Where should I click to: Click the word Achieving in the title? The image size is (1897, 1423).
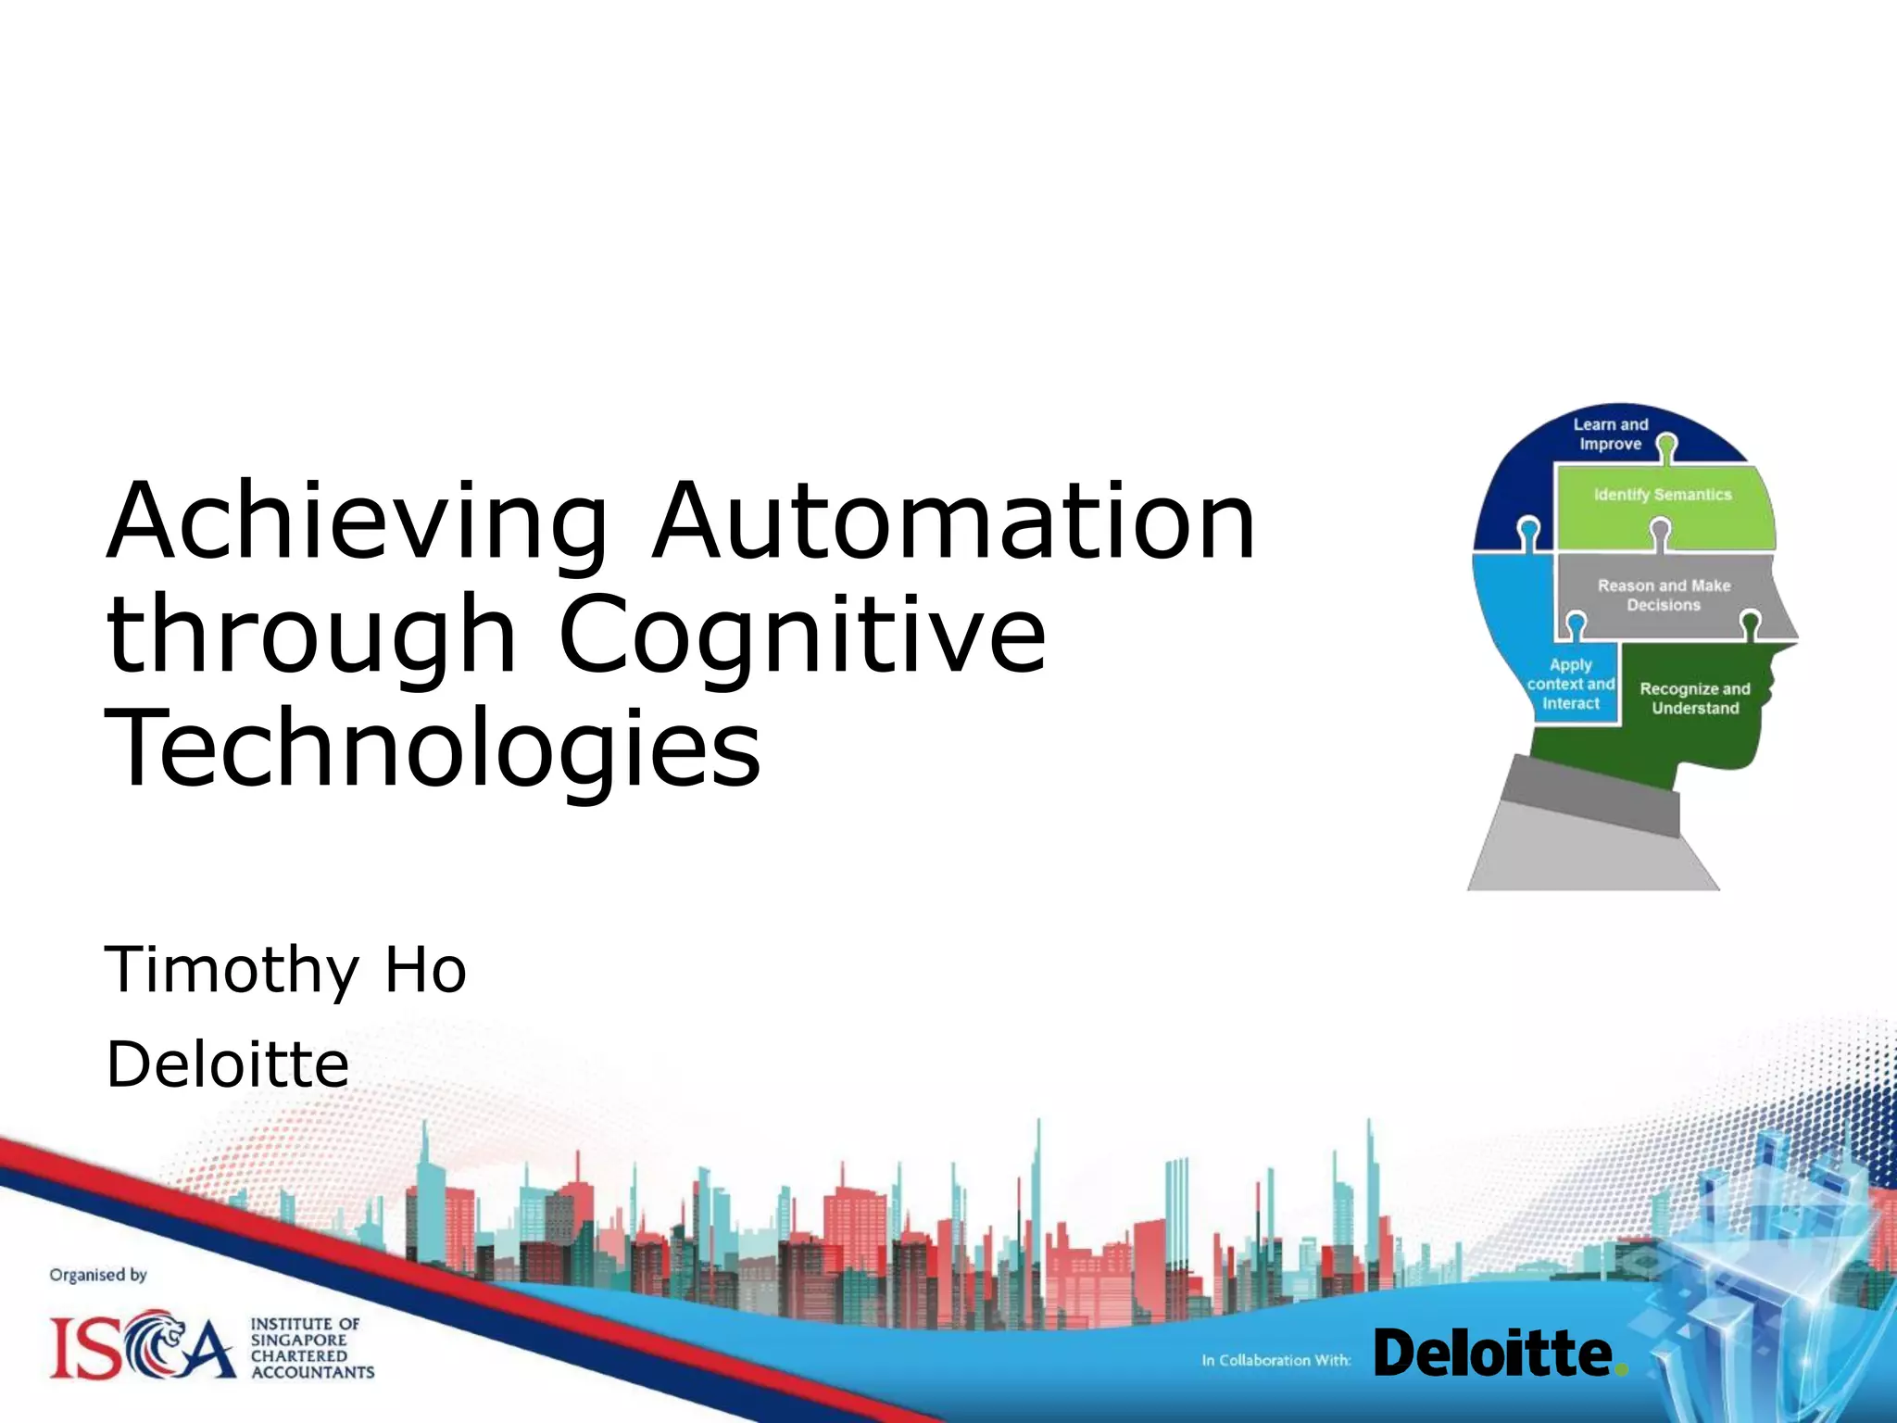(x=358, y=523)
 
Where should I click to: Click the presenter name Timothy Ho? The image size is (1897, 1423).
(x=285, y=969)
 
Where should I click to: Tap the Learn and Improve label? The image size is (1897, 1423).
(x=1611, y=434)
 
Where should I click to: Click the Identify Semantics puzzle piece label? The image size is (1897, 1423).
(x=1663, y=495)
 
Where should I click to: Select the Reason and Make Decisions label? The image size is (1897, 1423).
(x=1664, y=595)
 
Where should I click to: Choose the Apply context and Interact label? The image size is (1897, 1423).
(x=1570, y=684)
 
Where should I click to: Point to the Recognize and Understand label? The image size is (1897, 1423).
(x=1695, y=699)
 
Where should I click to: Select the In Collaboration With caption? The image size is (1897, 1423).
(x=1275, y=1360)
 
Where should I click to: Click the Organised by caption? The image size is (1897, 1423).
(x=98, y=1275)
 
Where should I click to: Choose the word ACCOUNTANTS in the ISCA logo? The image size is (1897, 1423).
(x=313, y=1372)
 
